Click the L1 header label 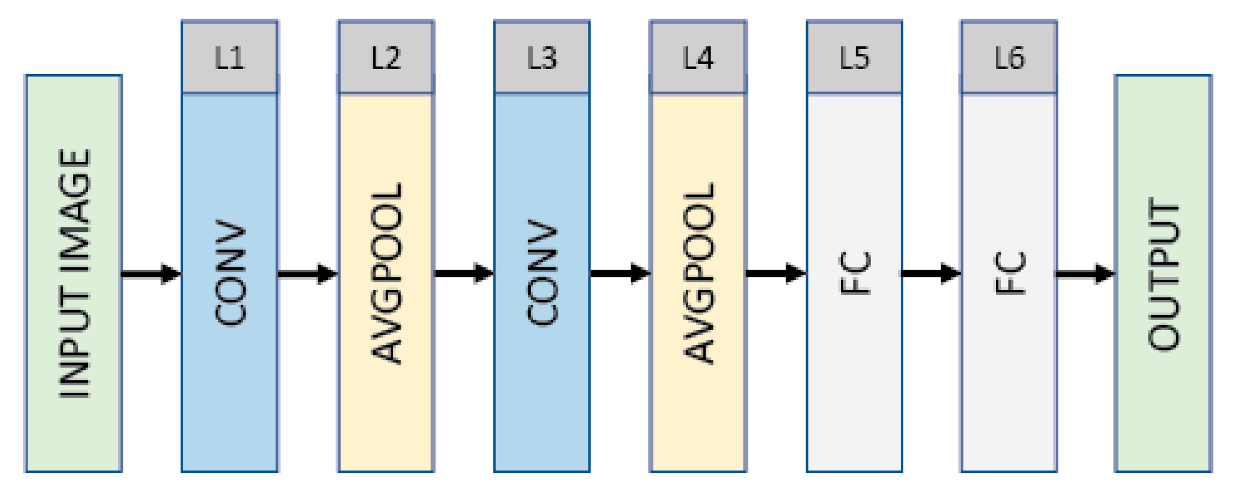click(x=230, y=58)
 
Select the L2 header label click(x=386, y=58)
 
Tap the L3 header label click(x=542, y=58)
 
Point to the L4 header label click(x=698, y=58)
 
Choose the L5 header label click(x=854, y=58)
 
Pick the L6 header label click(x=1009, y=58)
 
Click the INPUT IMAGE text click(x=75, y=273)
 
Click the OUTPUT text click(x=1164, y=274)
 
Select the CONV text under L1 click(x=230, y=273)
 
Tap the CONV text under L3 click(x=542, y=273)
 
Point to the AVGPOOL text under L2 click(x=386, y=273)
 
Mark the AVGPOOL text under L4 click(x=698, y=273)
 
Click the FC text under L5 click(x=854, y=273)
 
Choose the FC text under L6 click(x=1009, y=273)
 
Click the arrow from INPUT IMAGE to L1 click(x=151, y=274)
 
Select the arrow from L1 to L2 click(x=307, y=274)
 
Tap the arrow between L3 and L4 click(x=620, y=274)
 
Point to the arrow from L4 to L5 click(x=776, y=274)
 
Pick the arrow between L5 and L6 click(x=931, y=274)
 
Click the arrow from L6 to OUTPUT click(x=1085, y=274)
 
